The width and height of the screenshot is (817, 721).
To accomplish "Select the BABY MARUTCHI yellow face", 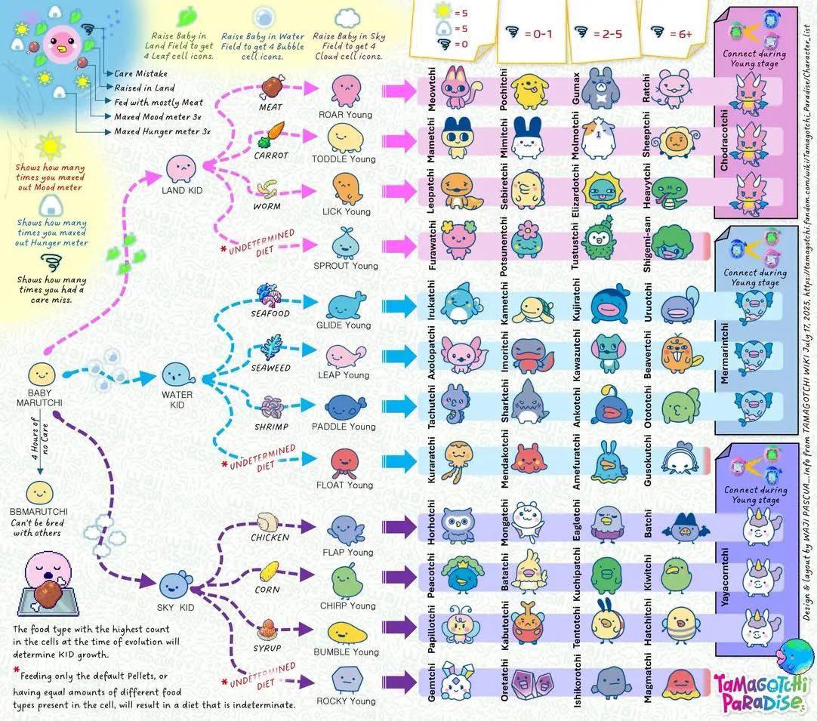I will [42, 373].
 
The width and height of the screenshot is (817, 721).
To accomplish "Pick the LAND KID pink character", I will [180, 168].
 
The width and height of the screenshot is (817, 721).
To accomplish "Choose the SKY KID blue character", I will [173, 583].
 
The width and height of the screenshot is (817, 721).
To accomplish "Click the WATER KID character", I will [175, 374].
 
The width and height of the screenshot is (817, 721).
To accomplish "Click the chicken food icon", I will [270, 521].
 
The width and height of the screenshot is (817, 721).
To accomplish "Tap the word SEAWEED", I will [270, 368].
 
